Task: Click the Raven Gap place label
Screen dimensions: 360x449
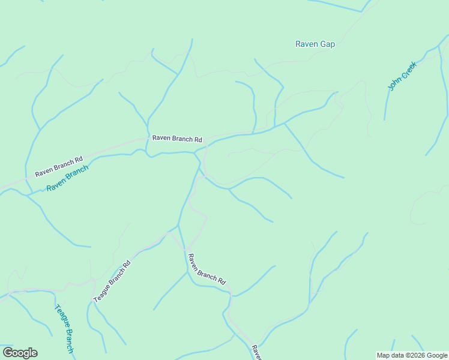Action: pos(315,44)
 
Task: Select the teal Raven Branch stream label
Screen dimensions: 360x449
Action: pos(67,178)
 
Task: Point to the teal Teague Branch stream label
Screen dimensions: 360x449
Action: pos(64,328)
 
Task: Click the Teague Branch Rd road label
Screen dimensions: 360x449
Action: pos(112,281)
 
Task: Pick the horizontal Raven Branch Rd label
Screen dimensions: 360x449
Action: pos(177,139)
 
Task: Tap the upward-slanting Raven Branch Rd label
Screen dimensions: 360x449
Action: pos(58,167)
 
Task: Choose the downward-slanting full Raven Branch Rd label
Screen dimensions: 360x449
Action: pos(206,269)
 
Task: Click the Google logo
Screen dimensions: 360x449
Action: pos(20,353)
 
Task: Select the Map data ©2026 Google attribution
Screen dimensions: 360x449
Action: pos(412,355)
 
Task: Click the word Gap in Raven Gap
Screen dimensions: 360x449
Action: pos(328,44)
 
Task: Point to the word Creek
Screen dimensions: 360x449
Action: pos(406,70)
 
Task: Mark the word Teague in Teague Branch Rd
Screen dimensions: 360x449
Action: pos(102,292)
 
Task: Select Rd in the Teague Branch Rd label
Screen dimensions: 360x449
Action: pos(127,264)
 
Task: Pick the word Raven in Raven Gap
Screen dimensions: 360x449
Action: pos(307,44)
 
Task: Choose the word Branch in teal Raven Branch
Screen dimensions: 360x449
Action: pos(77,173)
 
